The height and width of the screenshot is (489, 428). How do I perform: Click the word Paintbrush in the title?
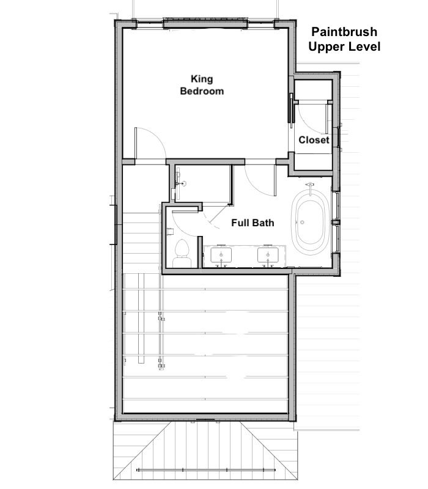pos(344,32)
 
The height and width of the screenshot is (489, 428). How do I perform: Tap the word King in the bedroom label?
pos(202,79)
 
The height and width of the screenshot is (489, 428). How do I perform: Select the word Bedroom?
pos(202,91)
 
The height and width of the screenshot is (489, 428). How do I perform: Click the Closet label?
pos(314,140)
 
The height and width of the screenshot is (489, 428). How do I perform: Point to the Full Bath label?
pos(253,222)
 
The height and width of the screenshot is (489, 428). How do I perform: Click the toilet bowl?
pos(182,248)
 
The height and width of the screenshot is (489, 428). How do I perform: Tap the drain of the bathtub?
pos(302,222)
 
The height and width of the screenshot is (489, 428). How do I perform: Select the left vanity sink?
pos(221,255)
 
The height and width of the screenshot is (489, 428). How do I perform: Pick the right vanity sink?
pos(268,255)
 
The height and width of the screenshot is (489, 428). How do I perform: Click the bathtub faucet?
pos(310,188)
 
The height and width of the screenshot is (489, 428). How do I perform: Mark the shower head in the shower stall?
pos(183,184)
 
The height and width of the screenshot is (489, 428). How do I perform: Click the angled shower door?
pos(220,215)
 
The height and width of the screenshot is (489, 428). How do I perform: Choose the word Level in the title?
pos(364,47)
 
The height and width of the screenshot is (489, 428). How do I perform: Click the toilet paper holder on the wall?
pos(170,232)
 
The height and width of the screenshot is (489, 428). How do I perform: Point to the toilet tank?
pos(182,262)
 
